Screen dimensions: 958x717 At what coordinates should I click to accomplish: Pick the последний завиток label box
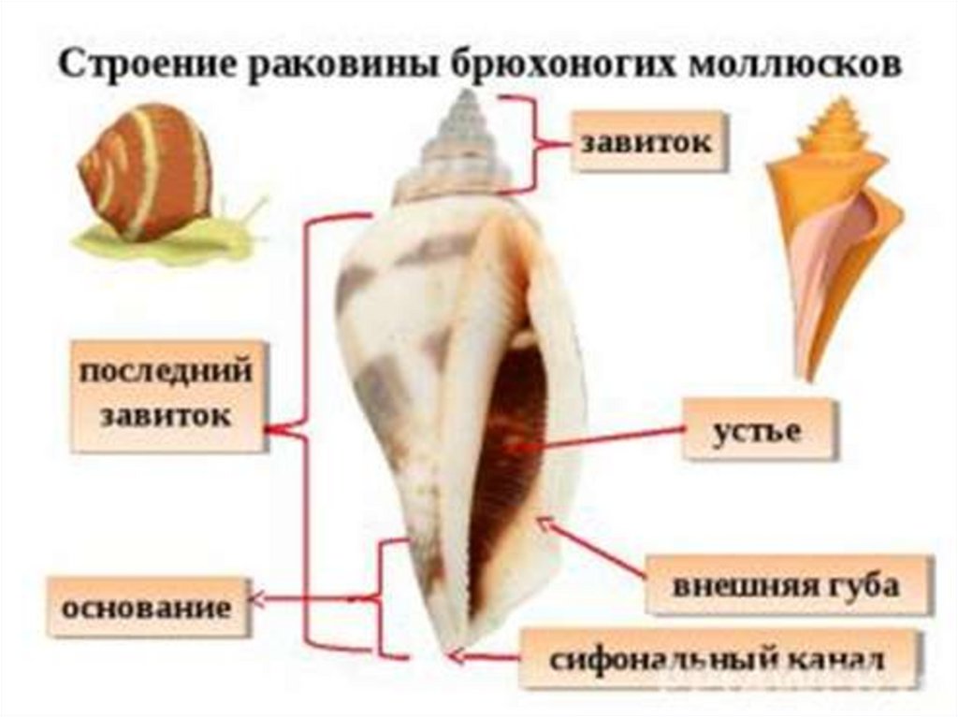(x=166, y=395)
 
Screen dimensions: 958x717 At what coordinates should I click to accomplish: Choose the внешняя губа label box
(x=786, y=585)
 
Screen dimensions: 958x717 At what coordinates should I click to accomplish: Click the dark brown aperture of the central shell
(x=510, y=449)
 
